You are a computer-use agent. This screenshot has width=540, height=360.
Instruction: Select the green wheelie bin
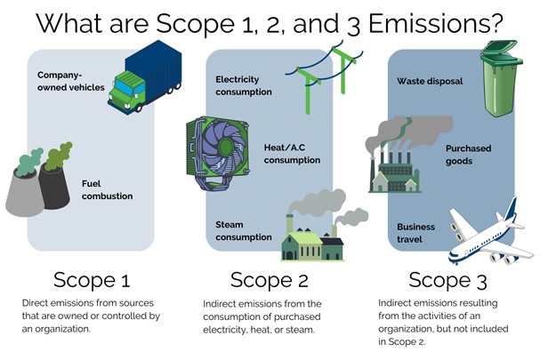click(501, 78)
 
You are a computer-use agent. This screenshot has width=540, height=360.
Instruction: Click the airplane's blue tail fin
click(511, 210)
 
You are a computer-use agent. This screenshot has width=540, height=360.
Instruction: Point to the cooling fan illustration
click(217, 153)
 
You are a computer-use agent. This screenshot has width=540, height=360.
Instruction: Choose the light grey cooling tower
click(24, 194)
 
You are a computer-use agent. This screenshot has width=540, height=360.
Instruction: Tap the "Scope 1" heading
click(92, 280)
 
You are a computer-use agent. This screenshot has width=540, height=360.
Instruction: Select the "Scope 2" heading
click(270, 280)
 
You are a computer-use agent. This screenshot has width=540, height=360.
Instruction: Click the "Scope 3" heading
click(447, 280)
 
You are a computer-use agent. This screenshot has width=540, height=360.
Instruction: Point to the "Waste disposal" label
click(430, 81)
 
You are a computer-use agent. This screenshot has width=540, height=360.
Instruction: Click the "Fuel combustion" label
click(107, 189)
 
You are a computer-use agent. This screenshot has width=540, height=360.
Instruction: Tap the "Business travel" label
click(415, 233)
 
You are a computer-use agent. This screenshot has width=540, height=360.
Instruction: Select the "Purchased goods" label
click(468, 155)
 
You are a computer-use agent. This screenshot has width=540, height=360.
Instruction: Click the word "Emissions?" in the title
click(436, 23)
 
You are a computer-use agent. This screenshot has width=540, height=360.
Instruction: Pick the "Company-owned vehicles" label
click(71, 81)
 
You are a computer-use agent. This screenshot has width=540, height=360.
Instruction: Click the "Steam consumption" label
click(244, 231)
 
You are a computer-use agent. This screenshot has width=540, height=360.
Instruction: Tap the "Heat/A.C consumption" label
click(292, 154)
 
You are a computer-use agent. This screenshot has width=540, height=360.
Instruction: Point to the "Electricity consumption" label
click(244, 85)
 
